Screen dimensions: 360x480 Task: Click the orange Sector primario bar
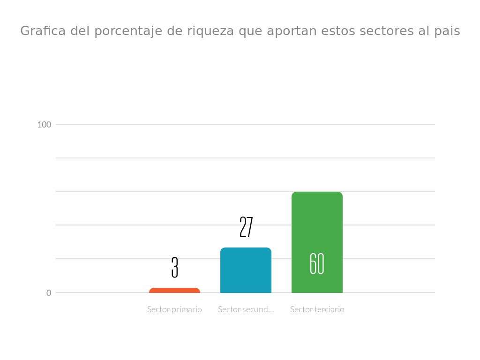point(174,291)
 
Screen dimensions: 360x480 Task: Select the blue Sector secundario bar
point(246,270)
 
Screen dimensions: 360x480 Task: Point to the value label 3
point(175,267)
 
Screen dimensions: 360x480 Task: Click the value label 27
point(246,227)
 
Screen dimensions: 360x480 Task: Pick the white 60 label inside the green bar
point(317,263)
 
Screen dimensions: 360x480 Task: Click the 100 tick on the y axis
point(44,124)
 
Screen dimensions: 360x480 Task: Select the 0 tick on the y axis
point(49,292)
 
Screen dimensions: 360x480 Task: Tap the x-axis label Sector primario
point(174,309)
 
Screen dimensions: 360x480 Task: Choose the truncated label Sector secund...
point(246,309)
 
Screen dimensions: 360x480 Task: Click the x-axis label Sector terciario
point(317,309)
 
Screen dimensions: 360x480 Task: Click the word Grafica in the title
point(44,31)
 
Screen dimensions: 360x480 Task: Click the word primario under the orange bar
point(186,309)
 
